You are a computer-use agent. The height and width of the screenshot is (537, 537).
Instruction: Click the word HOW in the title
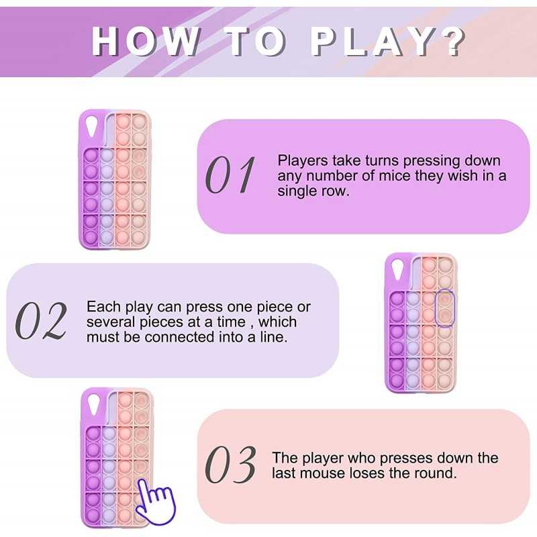[146, 41]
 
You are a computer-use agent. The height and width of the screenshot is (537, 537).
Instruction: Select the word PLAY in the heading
[371, 41]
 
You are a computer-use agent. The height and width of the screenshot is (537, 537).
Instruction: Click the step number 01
[230, 175]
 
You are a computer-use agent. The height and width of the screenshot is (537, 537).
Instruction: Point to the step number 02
[41, 321]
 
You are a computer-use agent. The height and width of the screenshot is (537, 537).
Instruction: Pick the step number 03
[230, 465]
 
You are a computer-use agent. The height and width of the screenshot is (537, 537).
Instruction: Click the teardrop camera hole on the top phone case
[92, 126]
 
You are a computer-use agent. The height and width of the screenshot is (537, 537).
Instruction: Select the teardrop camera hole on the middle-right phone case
[398, 269]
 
